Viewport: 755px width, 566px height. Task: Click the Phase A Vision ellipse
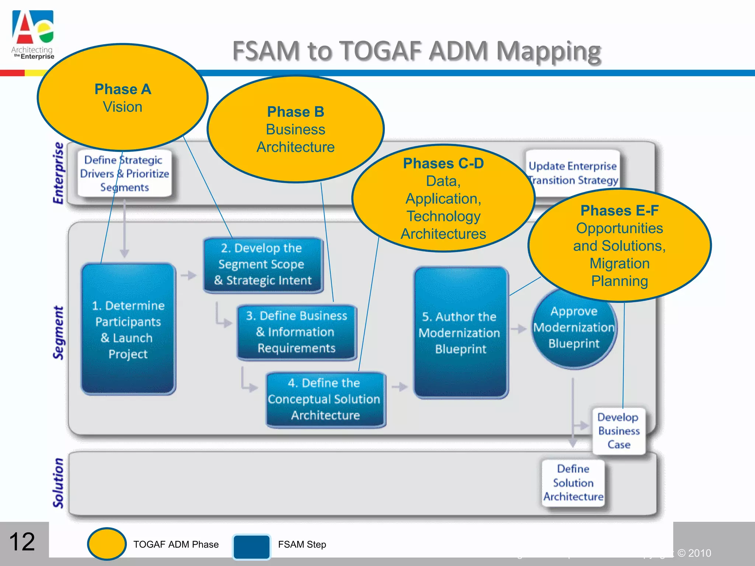[123, 98]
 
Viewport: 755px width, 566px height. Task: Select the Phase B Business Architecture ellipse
[296, 129]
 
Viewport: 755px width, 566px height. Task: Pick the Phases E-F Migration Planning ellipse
[619, 245]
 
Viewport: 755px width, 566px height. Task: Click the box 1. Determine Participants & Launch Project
[128, 329]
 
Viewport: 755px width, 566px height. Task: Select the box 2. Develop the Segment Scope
[263, 265]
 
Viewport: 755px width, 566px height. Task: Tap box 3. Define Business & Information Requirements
[296, 332]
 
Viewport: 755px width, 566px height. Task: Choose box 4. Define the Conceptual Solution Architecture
[325, 399]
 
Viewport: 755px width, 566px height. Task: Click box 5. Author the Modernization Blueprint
[461, 333]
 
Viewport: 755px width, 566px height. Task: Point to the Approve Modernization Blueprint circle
[574, 332]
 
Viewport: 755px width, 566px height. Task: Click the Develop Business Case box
[619, 431]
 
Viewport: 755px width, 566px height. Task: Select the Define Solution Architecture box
[573, 483]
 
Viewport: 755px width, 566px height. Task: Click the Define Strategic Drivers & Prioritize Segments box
[125, 174]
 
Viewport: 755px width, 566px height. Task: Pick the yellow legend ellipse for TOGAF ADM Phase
[107, 544]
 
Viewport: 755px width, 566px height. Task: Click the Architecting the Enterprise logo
[33, 35]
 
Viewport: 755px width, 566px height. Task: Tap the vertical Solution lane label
[59, 483]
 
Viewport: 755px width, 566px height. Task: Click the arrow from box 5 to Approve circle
[519, 329]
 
